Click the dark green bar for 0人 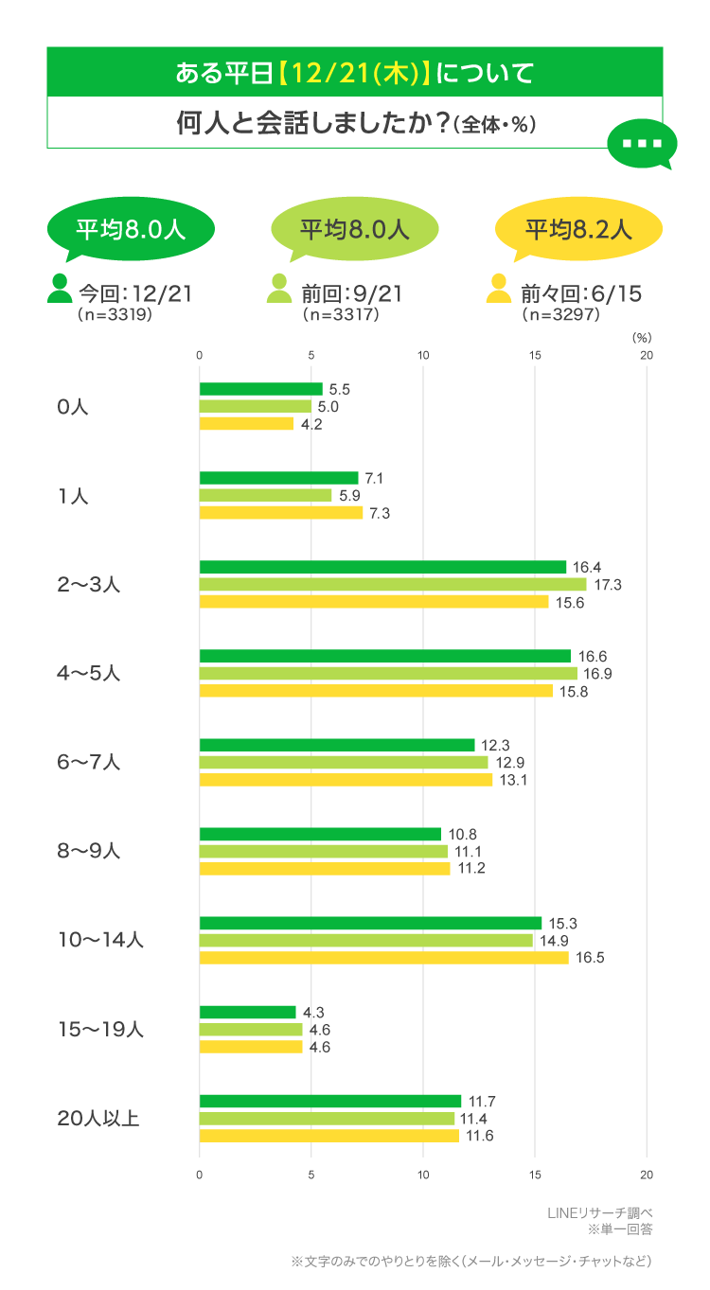260,389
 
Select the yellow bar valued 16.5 383,958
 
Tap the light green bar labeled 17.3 392,585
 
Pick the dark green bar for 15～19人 247,1012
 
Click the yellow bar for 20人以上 328,1136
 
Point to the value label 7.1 374,478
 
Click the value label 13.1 511,780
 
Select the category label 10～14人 100,941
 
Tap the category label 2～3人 89,585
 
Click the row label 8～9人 89,852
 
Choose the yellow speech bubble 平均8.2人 578,229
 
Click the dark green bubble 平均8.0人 130,229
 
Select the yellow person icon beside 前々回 498,289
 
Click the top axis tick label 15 535,356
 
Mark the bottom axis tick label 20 647,1175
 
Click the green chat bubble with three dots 641,145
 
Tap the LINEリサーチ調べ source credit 600,1213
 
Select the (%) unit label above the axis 642,336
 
